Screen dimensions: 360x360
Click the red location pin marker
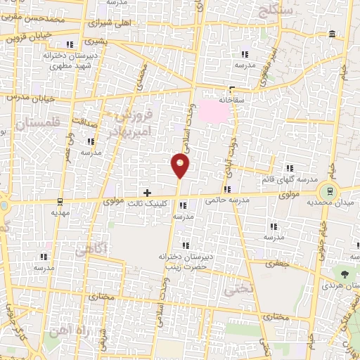(x=181, y=166)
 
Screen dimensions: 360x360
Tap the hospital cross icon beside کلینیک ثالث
(x=147, y=192)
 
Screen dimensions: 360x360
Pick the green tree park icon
(x=345, y=274)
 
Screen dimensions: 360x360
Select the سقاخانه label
(x=232, y=100)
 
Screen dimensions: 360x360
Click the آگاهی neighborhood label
(x=88, y=249)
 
